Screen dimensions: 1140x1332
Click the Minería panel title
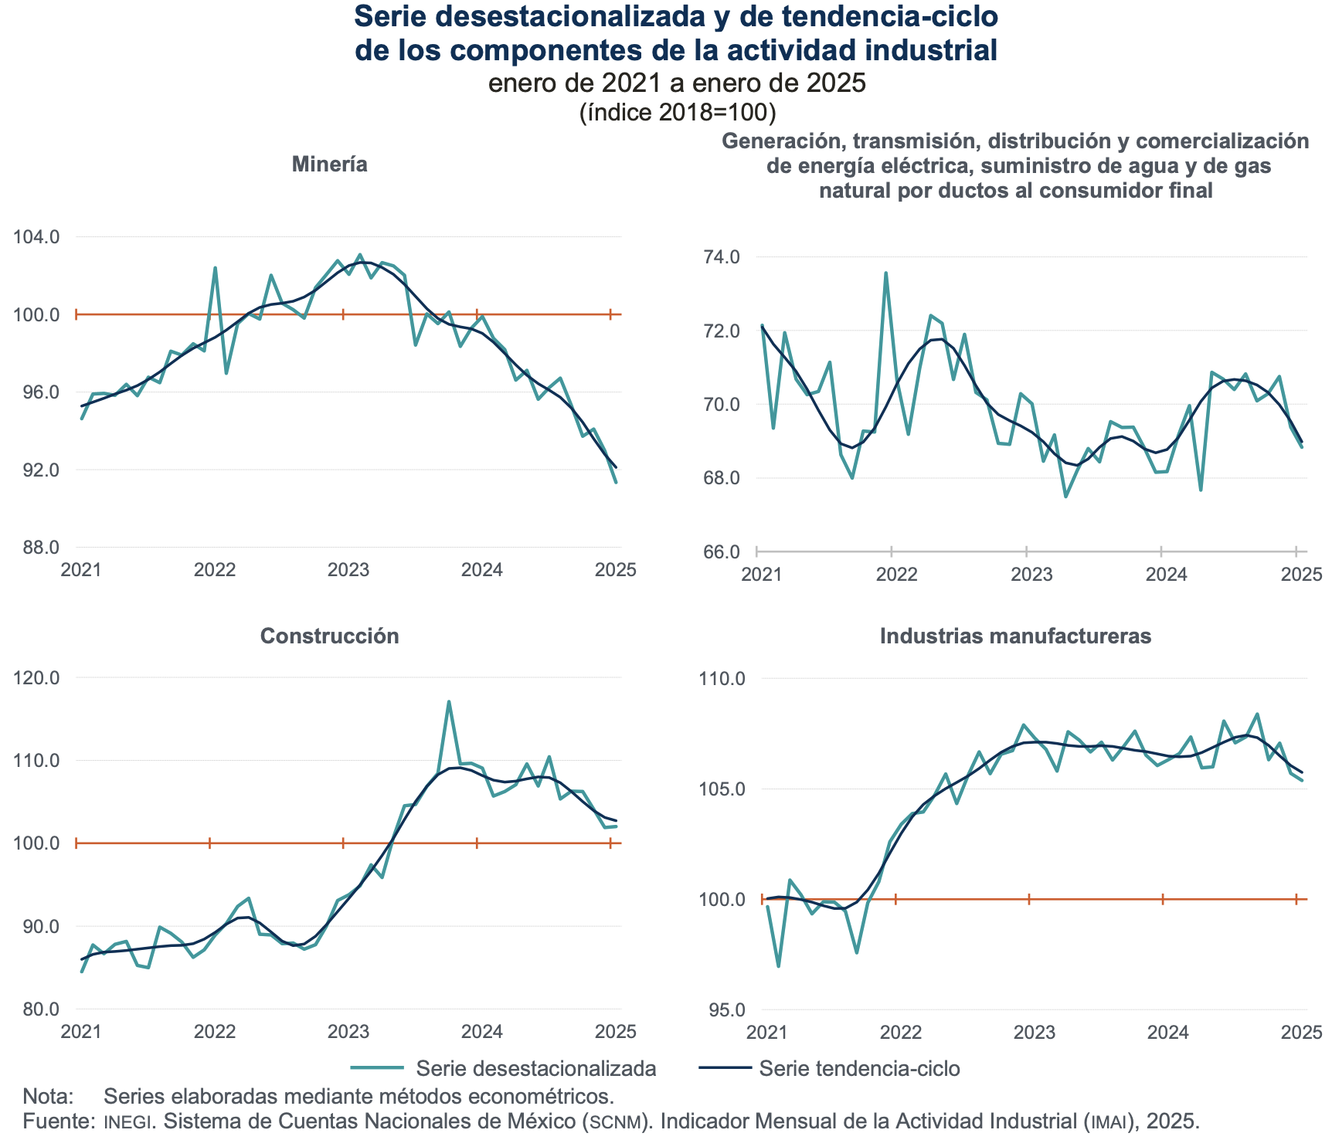[329, 165]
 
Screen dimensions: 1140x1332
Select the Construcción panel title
[329, 636]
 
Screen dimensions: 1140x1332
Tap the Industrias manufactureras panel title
[1015, 636]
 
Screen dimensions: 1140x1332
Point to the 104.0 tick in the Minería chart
[36, 236]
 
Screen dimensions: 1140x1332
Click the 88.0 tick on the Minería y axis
[36, 548]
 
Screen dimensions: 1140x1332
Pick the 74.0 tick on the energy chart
[720, 256]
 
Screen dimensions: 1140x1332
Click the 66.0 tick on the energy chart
[720, 551]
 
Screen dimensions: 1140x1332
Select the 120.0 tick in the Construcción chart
[36, 678]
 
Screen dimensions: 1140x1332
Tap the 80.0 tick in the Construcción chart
[36, 1009]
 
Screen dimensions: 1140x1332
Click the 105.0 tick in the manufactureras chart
[722, 789]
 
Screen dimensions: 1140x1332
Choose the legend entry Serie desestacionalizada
[535, 1068]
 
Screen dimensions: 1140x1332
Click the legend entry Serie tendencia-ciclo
[859, 1068]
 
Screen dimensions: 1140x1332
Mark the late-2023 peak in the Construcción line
[449, 702]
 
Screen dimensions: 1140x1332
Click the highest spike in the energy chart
[885, 273]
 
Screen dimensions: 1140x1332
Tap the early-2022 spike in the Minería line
[215, 268]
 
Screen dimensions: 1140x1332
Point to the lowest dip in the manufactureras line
[778, 966]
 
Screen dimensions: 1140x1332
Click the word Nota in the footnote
[48, 1096]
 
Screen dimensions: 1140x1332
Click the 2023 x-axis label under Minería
[348, 570]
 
